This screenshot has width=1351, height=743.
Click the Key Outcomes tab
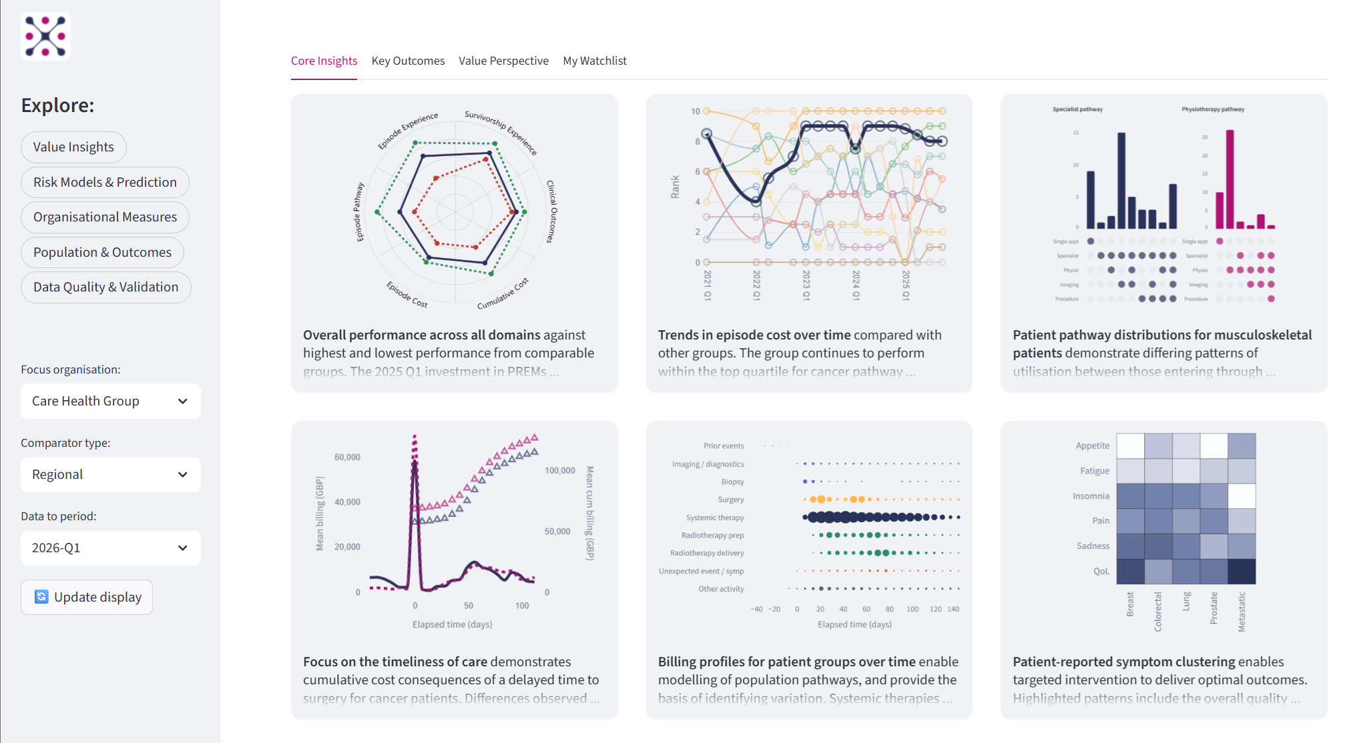point(408,61)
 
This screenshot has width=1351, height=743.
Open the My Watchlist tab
point(595,61)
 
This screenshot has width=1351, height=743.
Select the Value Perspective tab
point(503,61)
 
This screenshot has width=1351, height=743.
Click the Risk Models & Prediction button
point(105,182)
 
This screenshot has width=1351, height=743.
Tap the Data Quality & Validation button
point(105,287)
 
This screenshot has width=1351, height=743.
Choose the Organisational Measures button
point(105,217)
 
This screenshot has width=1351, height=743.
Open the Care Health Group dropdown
point(110,401)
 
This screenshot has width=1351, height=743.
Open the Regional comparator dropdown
point(110,474)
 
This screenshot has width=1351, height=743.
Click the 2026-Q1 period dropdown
point(110,548)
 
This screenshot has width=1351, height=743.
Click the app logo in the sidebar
point(45,36)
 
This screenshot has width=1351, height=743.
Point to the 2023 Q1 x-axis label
point(806,285)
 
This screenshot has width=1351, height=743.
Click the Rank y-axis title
point(675,187)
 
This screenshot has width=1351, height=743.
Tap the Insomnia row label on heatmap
point(1091,496)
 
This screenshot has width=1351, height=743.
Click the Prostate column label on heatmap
point(1213,608)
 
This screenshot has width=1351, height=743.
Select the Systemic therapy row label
point(715,518)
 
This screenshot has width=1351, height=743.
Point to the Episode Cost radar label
point(407,294)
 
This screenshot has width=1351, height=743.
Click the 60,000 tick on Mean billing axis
point(347,457)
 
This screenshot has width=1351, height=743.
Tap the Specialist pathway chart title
point(1077,109)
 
